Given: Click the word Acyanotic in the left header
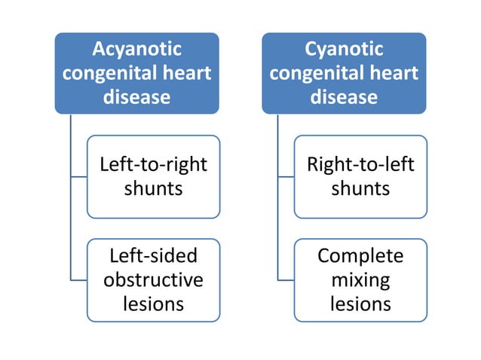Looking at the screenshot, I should click(x=136, y=49).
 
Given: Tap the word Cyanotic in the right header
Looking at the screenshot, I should click(x=344, y=49).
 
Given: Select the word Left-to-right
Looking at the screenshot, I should click(x=153, y=163).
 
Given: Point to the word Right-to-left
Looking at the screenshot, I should click(x=360, y=163).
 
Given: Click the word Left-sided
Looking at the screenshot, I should click(x=153, y=255).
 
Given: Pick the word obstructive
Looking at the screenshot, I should click(x=153, y=279).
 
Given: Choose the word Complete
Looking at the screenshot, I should click(x=360, y=255).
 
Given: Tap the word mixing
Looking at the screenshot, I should click(x=360, y=280).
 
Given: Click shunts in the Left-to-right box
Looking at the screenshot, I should click(x=153, y=188).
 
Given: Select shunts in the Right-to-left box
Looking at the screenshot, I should click(x=360, y=188).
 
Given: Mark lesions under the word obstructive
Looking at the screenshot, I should click(x=153, y=304).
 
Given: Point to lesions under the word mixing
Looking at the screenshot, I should click(x=360, y=304).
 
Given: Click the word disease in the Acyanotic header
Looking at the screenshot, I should click(x=136, y=97).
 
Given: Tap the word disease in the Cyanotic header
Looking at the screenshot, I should click(x=344, y=97).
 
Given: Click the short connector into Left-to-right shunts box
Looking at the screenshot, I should click(x=78, y=177).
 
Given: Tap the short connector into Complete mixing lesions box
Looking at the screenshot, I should click(x=286, y=280).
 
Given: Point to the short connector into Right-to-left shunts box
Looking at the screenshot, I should click(x=286, y=177).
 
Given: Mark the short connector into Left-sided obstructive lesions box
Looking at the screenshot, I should click(x=78, y=280).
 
